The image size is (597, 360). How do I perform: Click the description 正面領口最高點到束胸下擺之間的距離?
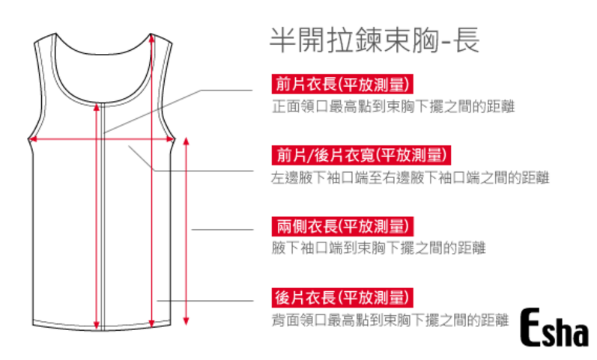click(x=393, y=106)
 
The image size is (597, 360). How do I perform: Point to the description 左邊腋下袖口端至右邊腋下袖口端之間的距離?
click(x=410, y=178)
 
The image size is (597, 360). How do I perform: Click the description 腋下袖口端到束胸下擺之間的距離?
click(x=378, y=248)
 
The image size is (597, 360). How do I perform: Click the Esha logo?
click(x=555, y=329)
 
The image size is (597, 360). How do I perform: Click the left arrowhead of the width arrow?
click(x=31, y=139)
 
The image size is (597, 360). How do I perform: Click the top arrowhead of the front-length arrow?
click(x=97, y=107)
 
